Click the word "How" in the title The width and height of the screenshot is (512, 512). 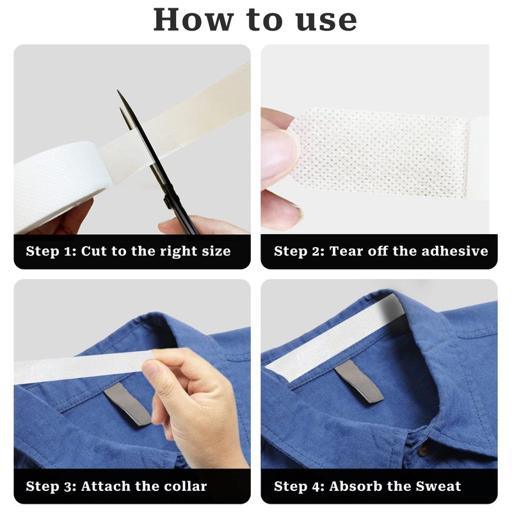(193, 20)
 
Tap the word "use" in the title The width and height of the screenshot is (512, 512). (326, 21)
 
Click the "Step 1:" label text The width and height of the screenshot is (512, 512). (51, 251)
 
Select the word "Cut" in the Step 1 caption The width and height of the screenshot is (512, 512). (94, 251)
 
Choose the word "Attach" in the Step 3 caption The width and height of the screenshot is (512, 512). (104, 486)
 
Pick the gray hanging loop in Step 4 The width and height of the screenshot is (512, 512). (360, 381)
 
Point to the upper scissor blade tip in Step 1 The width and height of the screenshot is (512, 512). (118, 91)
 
